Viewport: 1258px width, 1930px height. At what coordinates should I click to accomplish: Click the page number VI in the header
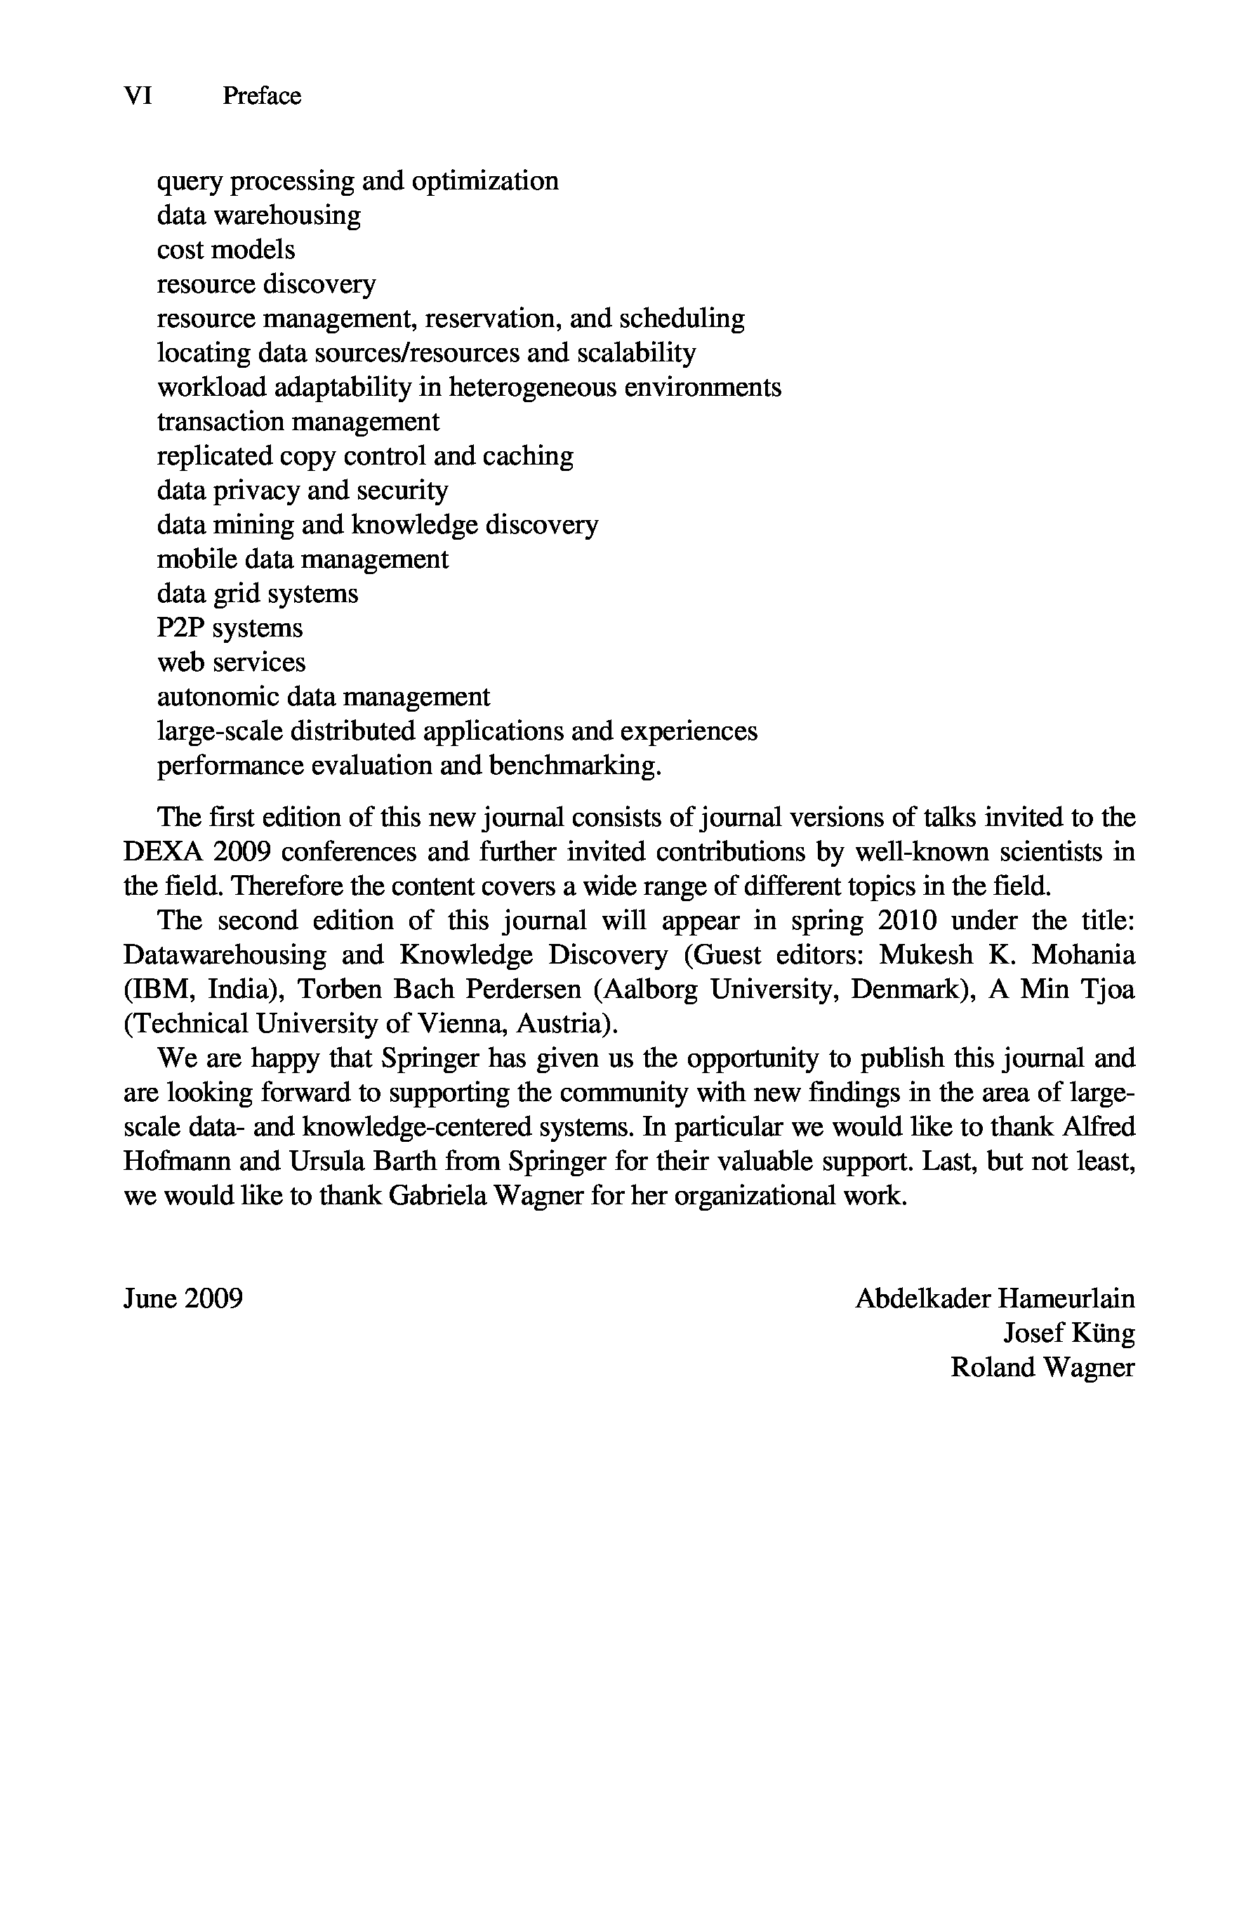coord(138,95)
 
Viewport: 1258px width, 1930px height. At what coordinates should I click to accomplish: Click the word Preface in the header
coord(261,95)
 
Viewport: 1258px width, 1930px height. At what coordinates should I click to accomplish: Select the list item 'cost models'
coord(225,250)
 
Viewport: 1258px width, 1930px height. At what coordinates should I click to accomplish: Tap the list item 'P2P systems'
coord(230,628)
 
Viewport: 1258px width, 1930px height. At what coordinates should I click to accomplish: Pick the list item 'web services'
coord(231,663)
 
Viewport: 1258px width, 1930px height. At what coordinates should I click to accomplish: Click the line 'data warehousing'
coord(259,215)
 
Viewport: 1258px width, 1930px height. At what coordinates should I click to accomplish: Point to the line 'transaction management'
coord(298,422)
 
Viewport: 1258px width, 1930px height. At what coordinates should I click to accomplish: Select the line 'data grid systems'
coord(257,594)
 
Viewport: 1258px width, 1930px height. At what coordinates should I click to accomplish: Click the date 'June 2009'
coord(183,1299)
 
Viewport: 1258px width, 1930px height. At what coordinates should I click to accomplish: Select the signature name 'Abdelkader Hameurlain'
coord(995,1299)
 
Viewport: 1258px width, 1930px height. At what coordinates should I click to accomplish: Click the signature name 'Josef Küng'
coord(1068,1333)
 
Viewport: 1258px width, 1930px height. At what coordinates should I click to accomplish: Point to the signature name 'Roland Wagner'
coord(1042,1368)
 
